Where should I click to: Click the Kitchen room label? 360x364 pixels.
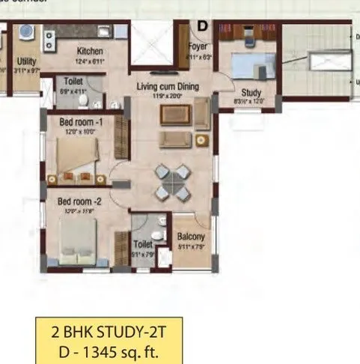click(88, 51)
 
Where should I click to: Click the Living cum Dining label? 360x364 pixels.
click(168, 87)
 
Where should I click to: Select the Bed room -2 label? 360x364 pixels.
click(79, 201)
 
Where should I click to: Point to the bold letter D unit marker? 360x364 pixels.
click(202, 25)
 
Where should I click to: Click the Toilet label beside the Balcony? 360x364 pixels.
click(142, 243)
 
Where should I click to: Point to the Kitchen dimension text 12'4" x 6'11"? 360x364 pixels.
click(88, 60)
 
